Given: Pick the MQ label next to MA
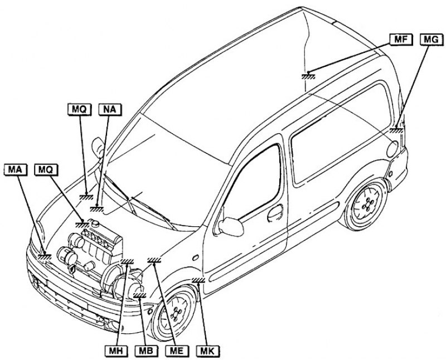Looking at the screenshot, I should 46,168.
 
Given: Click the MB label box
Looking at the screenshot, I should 147,351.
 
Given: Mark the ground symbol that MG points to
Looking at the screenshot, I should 397,130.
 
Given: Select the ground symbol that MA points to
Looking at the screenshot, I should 45,256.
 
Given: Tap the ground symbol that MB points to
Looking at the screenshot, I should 140,296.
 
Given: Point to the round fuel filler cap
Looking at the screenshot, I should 392,149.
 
